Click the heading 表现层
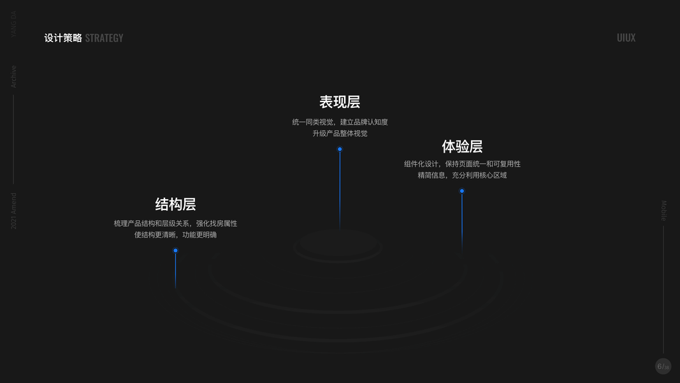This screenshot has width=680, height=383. tap(340, 102)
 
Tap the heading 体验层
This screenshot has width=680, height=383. tap(462, 147)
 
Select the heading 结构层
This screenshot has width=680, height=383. tap(175, 204)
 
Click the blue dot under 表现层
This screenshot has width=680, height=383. tap(340, 149)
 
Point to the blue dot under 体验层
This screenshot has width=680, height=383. tap(462, 191)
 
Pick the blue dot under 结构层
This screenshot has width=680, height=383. tap(175, 250)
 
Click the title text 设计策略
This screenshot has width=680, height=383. tap(63, 38)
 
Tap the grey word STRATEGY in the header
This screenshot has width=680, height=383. tap(104, 38)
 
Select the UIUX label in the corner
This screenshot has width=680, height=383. tap(626, 38)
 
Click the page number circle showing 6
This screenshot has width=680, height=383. tap(663, 366)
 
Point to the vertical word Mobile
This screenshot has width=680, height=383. tap(663, 211)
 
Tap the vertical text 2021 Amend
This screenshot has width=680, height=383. tap(13, 211)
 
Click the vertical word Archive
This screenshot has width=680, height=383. tap(13, 77)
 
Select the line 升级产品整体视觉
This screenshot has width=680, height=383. tap(340, 133)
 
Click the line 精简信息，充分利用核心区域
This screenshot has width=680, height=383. tap(462, 175)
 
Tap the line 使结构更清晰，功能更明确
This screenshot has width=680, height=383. tap(175, 235)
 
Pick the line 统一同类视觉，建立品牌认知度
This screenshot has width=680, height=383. tap(340, 122)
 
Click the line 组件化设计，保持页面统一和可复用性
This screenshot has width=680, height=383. tap(462, 164)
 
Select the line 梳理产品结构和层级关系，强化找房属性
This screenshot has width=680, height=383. tap(175, 223)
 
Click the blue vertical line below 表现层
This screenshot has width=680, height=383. tap(340, 191)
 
